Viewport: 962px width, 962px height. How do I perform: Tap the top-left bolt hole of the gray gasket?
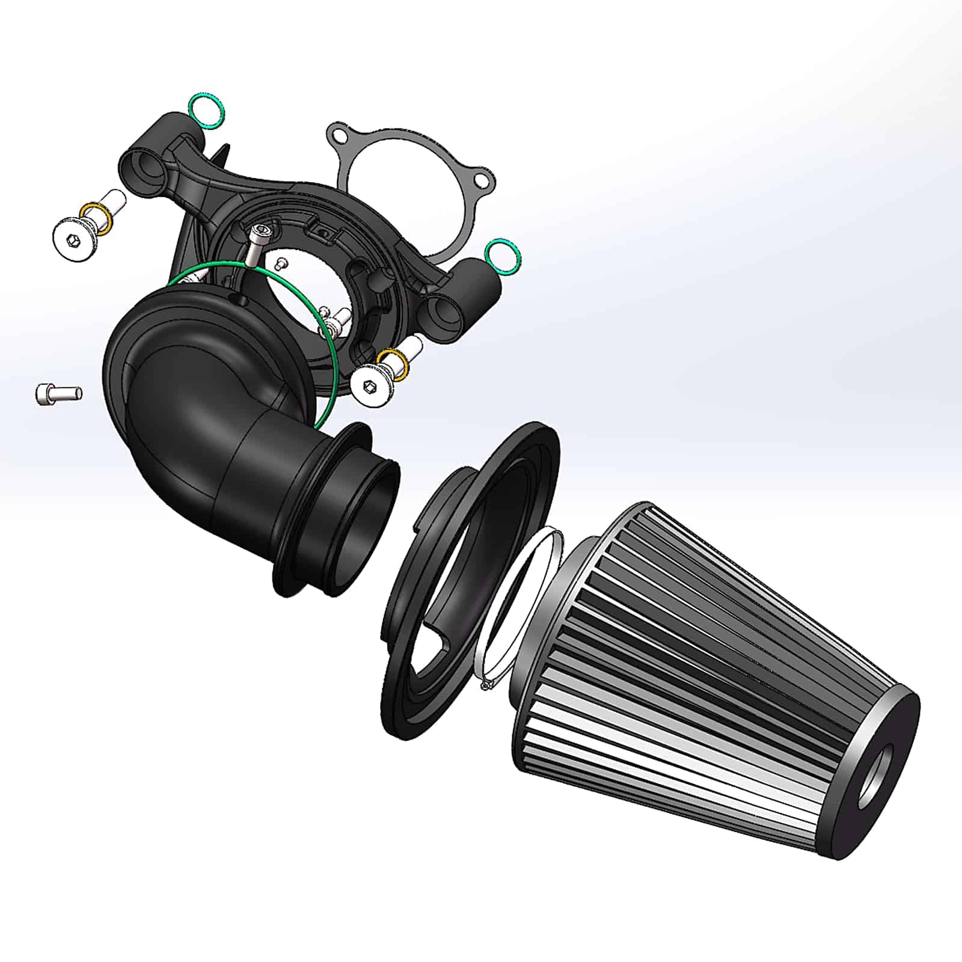[x=340, y=134]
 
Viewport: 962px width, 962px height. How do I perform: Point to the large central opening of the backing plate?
[x=307, y=283]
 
